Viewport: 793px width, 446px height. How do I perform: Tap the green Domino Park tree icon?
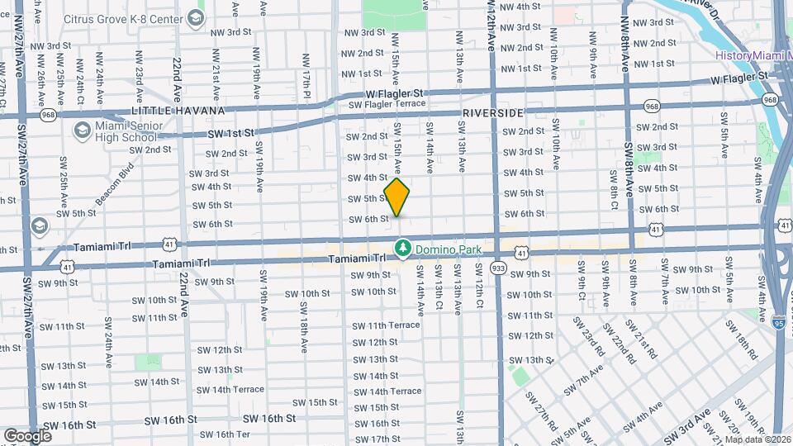tap(402, 247)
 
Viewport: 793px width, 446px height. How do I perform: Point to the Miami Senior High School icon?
tap(82, 130)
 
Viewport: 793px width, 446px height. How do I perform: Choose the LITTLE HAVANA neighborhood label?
tap(178, 111)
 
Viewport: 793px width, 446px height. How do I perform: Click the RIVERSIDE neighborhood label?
tap(493, 112)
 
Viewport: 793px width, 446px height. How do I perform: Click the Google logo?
tap(27, 435)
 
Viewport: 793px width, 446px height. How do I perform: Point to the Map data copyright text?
tap(757, 439)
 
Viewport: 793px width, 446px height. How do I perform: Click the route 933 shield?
tap(498, 268)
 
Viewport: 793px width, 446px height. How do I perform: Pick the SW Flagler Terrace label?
tap(387, 105)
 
